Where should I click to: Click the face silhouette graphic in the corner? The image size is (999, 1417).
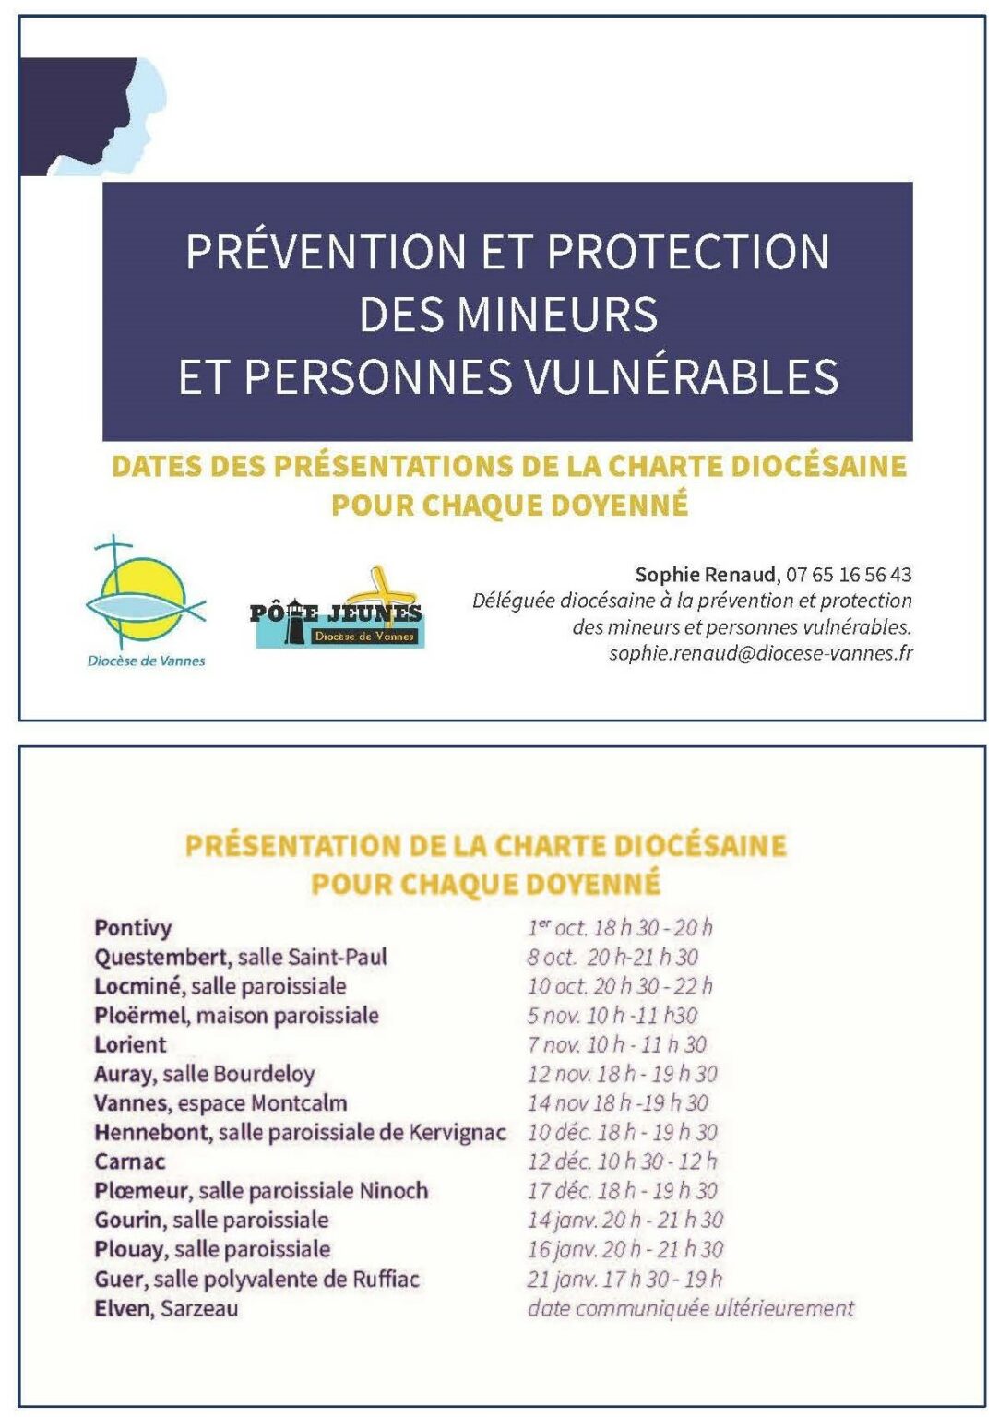[x=92, y=116]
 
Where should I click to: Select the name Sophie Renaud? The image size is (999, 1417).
[x=706, y=575]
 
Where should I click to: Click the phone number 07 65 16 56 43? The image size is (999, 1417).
[x=849, y=575]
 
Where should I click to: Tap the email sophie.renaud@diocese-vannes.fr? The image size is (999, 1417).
[x=761, y=653]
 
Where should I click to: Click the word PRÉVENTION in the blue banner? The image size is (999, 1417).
[x=327, y=252]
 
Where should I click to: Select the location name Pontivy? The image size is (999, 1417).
[x=133, y=928]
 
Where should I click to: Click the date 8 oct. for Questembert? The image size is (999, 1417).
[x=552, y=958]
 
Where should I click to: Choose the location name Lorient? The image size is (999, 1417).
[x=130, y=1045]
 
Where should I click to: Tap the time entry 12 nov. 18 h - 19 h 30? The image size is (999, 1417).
[x=623, y=1074]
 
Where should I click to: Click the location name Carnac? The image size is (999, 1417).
[x=130, y=1161]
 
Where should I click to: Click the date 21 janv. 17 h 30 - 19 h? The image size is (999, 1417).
[x=624, y=1279]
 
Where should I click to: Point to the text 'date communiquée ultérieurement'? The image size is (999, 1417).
[x=691, y=1308]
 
